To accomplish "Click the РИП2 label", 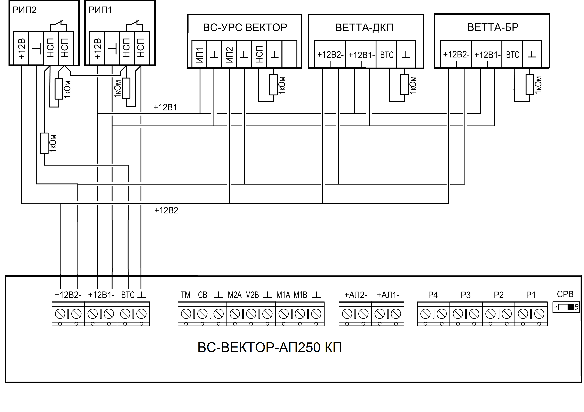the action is point(24,10).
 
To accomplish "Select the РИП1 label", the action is point(100,10).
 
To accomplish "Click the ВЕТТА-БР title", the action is point(493,27).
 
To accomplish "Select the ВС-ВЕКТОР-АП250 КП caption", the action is point(270,347).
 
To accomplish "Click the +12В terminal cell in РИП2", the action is point(21,48).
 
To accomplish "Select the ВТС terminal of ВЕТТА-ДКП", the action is point(387,55).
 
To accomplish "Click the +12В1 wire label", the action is point(165,107).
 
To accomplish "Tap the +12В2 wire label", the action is point(166,210).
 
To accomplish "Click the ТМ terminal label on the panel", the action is point(186,295).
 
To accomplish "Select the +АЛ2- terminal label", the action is point(356,295).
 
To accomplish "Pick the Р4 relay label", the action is point(433,295).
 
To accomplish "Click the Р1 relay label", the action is point(531,295).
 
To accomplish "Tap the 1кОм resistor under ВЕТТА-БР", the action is point(530,84).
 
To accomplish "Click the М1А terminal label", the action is point(283,295).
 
